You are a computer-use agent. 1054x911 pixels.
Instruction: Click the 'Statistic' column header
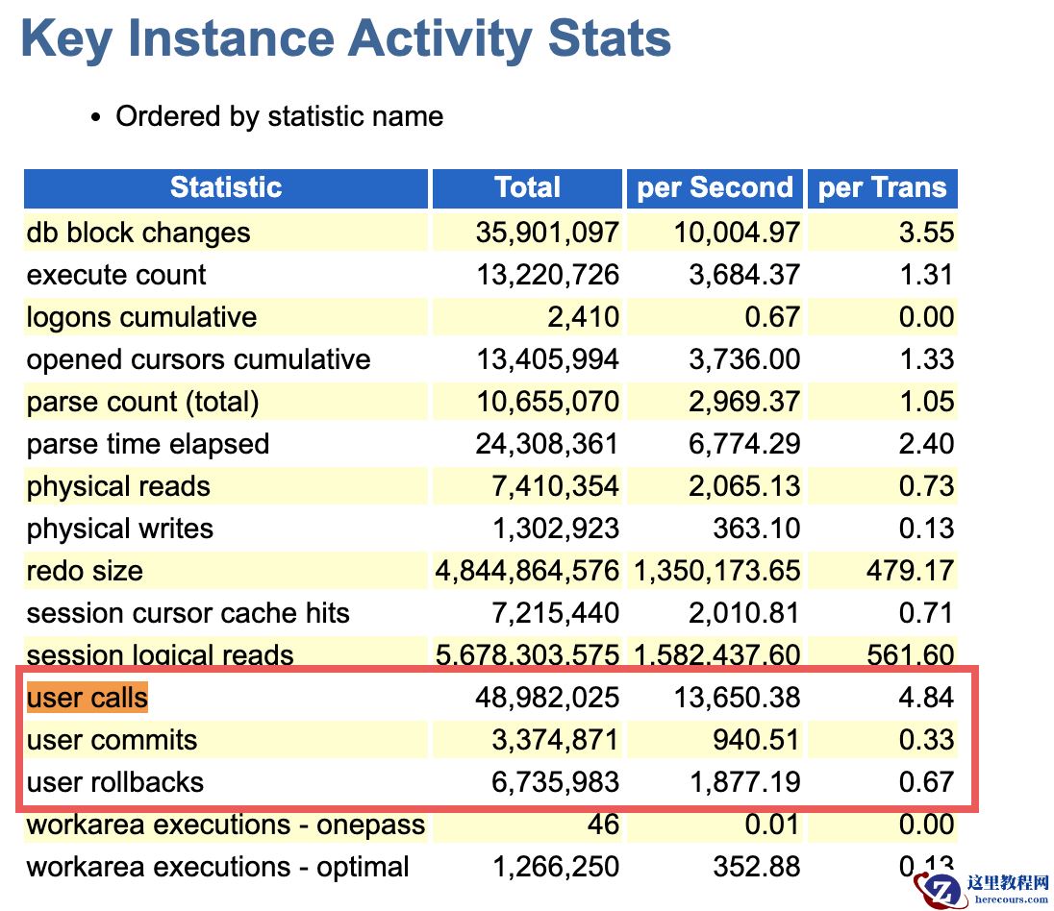(226, 187)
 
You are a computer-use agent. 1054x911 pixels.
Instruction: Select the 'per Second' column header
(715, 187)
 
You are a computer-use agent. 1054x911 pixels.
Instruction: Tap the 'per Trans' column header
(882, 187)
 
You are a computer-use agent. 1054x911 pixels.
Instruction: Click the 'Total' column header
(528, 187)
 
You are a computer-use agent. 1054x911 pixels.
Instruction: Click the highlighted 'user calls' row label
(88, 698)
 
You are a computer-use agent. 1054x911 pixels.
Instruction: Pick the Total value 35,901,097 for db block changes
(547, 233)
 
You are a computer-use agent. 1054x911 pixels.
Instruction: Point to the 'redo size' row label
(85, 571)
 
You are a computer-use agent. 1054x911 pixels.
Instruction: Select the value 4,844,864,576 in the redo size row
(527, 571)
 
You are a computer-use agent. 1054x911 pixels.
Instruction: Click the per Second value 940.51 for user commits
(756, 740)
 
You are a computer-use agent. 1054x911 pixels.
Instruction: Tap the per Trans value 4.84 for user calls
(926, 698)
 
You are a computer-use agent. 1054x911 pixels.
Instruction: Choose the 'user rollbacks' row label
(115, 782)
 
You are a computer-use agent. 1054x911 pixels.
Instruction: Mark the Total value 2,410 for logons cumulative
(583, 317)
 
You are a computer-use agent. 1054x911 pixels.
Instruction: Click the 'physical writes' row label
(119, 529)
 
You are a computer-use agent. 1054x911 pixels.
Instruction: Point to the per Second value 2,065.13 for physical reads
(744, 486)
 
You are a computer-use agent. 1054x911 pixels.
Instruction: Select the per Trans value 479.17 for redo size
(910, 571)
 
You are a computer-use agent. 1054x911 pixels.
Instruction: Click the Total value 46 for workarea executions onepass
(603, 825)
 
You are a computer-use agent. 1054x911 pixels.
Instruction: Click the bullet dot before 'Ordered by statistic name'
(96, 117)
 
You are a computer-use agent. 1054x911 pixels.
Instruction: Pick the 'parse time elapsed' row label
(148, 444)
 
